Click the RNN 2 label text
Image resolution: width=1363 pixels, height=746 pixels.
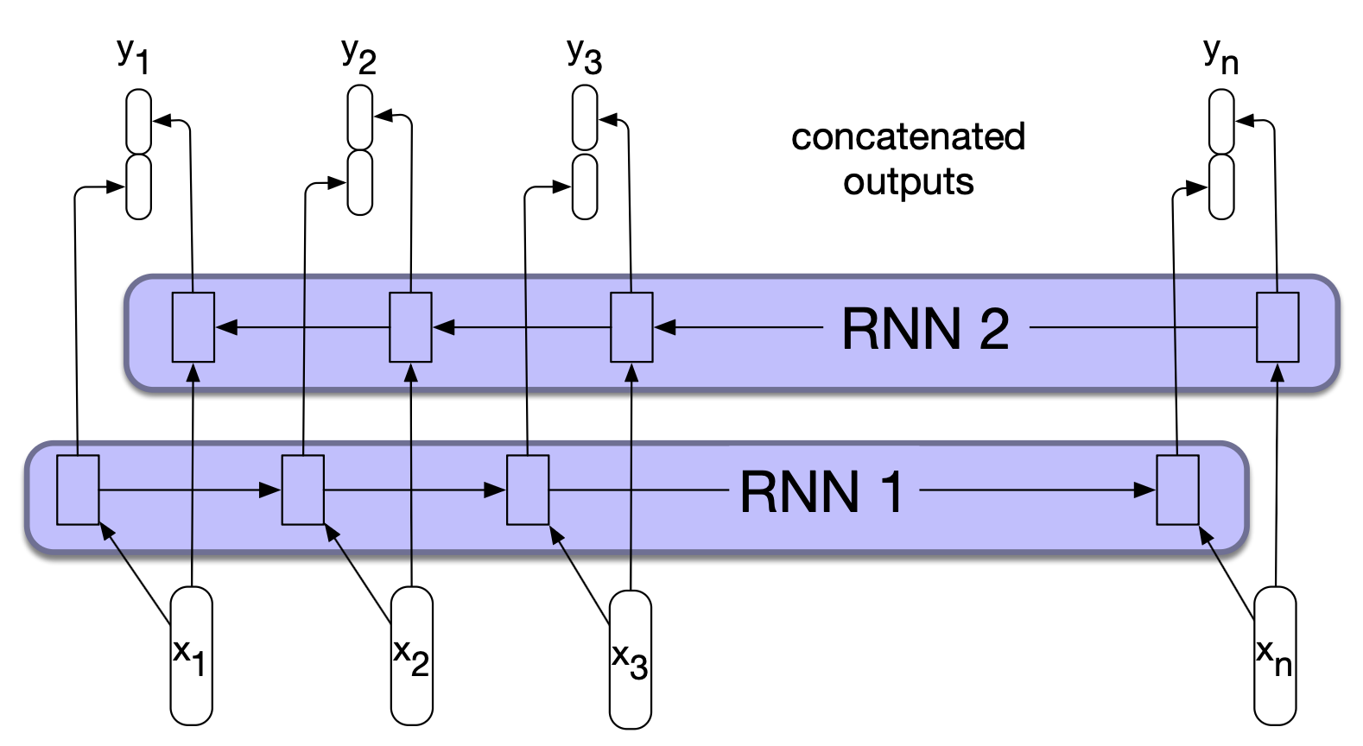(925, 329)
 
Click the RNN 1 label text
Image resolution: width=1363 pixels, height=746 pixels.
(821, 492)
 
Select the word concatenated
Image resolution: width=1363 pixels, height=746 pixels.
(908, 137)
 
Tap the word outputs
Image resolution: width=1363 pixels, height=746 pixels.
(909, 182)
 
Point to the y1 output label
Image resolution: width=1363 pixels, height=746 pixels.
(133, 56)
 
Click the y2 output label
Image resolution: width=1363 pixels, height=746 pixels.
(358, 56)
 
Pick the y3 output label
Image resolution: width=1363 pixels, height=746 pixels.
(584, 56)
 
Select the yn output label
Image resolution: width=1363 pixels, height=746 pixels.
(1220, 57)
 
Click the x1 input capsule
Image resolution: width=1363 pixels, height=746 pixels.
(191, 655)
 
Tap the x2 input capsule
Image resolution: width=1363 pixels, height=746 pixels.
(411, 655)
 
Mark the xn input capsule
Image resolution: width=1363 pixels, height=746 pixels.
(1274, 655)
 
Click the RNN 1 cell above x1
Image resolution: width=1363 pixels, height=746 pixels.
(78, 490)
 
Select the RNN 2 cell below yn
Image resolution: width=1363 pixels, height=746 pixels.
(1277, 327)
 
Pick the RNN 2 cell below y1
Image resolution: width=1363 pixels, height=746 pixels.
(193, 327)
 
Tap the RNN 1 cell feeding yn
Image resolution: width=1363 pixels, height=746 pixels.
(1177, 490)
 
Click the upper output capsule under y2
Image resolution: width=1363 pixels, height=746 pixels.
(360, 117)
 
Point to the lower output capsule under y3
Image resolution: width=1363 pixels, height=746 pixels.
(585, 186)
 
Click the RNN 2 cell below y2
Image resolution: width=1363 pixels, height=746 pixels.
(410, 327)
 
